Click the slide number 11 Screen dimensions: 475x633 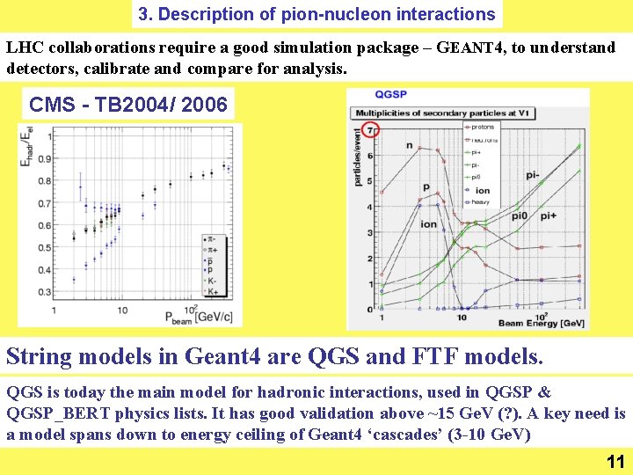pos(615,462)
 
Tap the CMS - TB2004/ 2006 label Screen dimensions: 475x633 pos(128,106)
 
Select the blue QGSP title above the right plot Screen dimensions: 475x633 pos(390,95)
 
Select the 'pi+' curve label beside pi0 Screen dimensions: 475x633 pos(548,216)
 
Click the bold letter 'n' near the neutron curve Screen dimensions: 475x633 pos(409,145)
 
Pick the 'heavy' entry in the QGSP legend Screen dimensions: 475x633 pos(481,202)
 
